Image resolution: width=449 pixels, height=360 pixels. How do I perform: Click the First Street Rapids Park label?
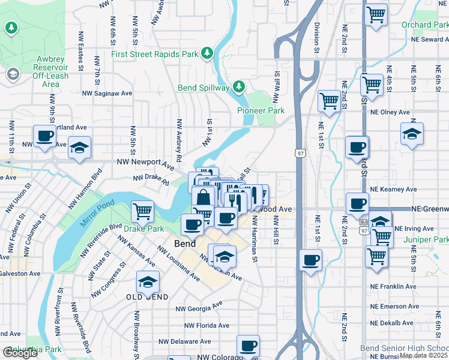[x=155, y=53]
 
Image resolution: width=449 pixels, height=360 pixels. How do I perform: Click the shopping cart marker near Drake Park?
[x=143, y=211]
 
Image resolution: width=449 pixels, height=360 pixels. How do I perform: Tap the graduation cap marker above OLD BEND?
[x=148, y=282]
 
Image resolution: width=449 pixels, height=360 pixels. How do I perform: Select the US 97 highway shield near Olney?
[x=299, y=154]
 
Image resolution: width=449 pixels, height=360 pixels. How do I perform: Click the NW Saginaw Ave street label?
[x=111, y=93]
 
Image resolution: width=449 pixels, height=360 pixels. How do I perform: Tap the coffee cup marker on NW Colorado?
[x=248, y=346]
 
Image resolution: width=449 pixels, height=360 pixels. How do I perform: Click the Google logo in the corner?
[x=20, y=353]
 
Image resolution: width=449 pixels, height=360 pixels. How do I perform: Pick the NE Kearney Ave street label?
[x=393, y=189]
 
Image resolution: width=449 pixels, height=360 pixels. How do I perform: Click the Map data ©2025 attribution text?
[x=423, y=355]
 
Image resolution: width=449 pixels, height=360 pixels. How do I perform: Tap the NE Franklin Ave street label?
[x=393, y=287]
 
